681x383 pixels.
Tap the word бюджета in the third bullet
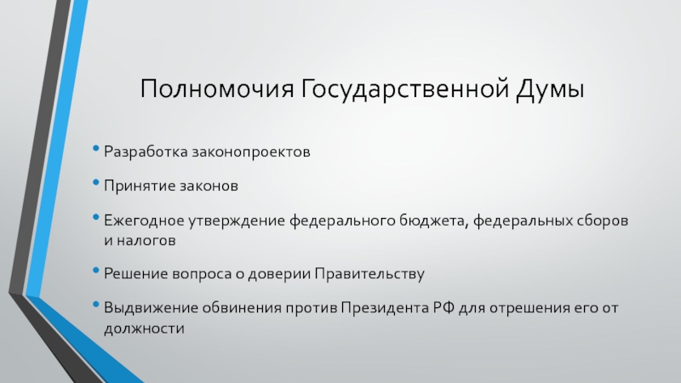tap(433, 219)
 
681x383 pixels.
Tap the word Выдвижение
tap(144, 306)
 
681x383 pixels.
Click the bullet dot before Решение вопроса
tap(97, 274)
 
